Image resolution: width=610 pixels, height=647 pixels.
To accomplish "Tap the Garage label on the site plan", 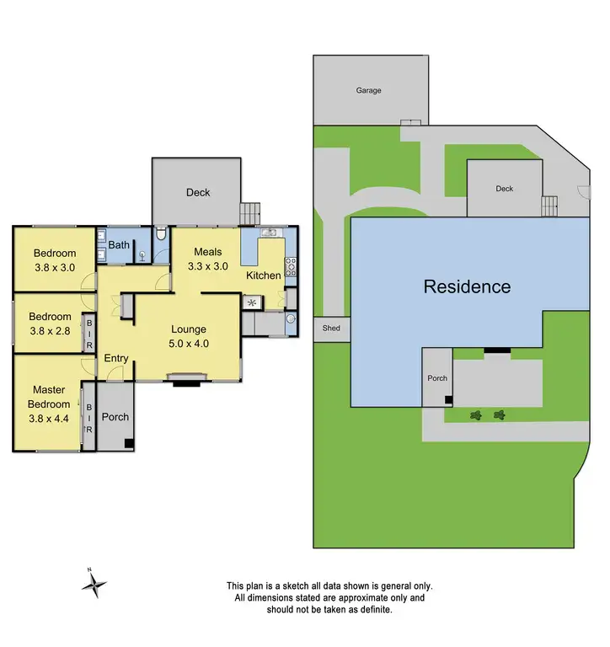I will [x=367, y=89].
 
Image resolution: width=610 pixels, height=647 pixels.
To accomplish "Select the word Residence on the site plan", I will [x=466, y=286].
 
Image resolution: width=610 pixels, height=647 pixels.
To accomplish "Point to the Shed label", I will [x=331, y=328].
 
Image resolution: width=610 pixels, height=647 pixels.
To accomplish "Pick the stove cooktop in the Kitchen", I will [x=292, y=266].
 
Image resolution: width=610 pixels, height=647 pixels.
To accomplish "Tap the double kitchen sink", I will [x=269, y=233].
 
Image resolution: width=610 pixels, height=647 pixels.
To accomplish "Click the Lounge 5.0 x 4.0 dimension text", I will [x=189, y=337].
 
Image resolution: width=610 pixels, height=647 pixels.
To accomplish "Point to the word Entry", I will [x=116, y=359].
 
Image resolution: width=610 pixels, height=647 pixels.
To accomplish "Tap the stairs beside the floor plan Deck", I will [x=250, y=212].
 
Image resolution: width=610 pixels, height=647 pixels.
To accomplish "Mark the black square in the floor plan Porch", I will [x=128, y=443].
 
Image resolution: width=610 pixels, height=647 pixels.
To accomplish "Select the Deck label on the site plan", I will [x=504, y=189].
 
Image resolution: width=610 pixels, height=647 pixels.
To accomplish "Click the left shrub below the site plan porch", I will [x=477, y=414].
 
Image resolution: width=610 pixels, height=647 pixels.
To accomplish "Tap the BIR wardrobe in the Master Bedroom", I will [x=88, y=416].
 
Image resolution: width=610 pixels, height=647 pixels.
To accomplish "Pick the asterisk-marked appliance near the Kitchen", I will [x=251, y=302].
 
